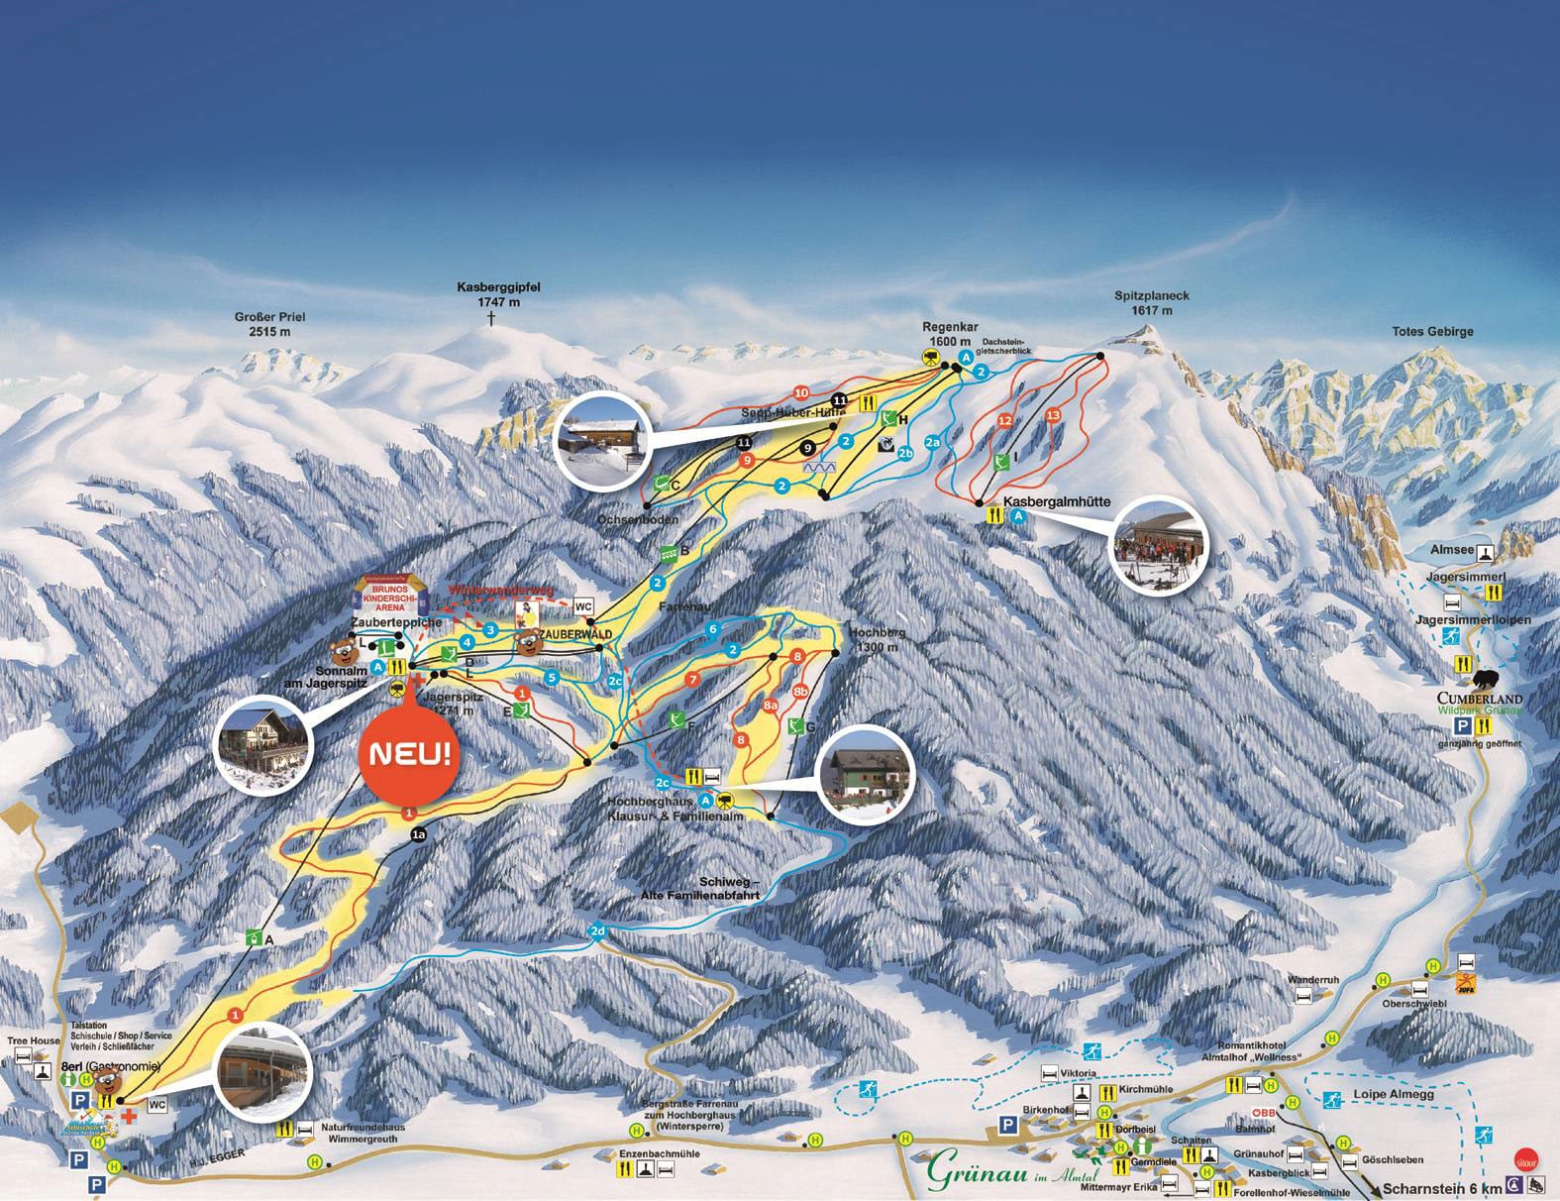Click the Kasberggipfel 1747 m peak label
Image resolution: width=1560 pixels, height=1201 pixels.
498,293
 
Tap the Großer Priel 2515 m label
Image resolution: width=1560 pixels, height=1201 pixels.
269,324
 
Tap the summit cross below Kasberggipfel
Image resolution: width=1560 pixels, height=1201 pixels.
489,318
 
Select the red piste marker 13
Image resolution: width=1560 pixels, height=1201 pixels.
1053,414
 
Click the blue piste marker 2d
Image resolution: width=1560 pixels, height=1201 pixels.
597,931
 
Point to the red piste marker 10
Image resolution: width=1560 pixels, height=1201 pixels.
801,392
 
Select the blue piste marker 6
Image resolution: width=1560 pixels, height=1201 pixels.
711,629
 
